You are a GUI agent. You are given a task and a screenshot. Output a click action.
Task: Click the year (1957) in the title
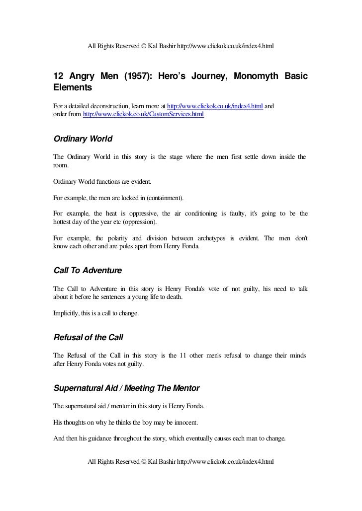click(136, 77)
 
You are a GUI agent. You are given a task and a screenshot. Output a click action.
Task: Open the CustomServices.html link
click(143, 115)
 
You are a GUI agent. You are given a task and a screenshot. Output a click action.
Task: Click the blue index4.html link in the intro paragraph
click(215, 106)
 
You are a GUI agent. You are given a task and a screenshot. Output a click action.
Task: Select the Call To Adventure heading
click(87, 271)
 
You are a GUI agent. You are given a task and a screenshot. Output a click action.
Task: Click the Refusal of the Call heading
click(88, 338)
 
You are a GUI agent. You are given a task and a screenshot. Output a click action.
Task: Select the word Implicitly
click(67, 313)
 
